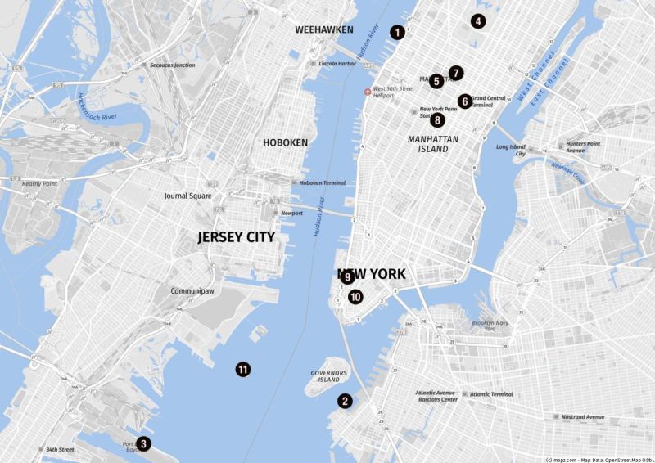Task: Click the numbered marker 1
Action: pos(397,33)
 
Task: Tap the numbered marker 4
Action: pos(478,22)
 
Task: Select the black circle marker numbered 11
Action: pos(243,369)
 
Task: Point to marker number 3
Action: pos(143,443)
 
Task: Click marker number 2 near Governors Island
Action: pos(346,401)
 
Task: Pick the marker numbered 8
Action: pos(438,119)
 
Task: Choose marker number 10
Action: pos(355,297)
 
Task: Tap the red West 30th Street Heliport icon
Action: pos(367,92)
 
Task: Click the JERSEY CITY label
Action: pos(236,237)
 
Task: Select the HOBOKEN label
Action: pos(285,142)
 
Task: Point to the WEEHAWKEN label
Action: pos(324,29)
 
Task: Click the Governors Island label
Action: pos(329,376)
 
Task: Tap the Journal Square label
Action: pos(187,196)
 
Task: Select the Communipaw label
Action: pos(192,291)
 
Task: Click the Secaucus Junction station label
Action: pos(172,65)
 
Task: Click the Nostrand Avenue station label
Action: pos(585,417)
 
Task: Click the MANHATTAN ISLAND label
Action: pos(428,144)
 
